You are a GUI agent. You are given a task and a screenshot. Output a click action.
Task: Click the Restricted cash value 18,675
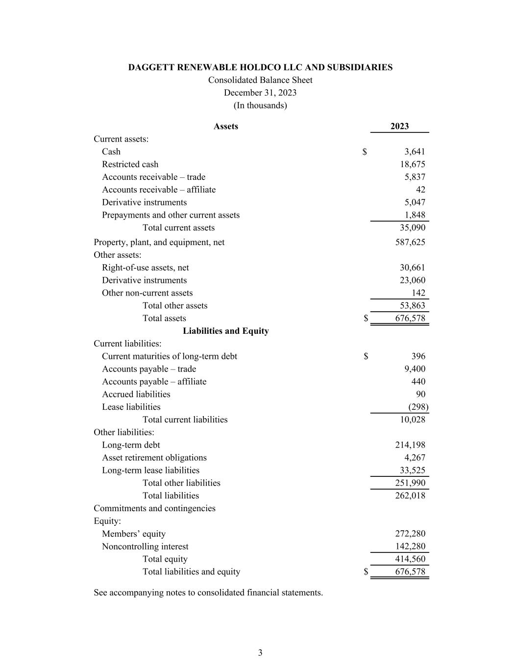point(412,164)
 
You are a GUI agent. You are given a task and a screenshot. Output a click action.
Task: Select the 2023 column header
point(399,126)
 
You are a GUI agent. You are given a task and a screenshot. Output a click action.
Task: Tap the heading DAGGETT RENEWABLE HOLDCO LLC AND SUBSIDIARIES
point(260,68)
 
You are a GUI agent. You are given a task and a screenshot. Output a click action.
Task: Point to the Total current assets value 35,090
point(412,227)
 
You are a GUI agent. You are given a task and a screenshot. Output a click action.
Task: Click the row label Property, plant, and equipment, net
point(159,242)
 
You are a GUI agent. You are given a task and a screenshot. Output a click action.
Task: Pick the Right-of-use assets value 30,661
point(412,268)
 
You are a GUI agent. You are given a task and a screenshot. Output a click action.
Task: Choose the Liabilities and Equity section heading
point(225,331)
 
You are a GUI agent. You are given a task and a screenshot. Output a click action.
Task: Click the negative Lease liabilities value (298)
point(418,407)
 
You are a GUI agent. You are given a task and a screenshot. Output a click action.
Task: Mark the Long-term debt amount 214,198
point(410,445)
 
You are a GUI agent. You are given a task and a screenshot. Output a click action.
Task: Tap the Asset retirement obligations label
point(154,458)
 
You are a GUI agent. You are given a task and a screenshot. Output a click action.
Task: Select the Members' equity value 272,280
point(410,534)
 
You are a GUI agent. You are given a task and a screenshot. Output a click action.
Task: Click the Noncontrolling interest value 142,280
point(410,546)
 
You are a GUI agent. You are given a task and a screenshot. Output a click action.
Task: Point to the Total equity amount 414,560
point(410,559)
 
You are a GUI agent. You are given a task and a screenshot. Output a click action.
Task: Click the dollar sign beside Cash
point(365,152)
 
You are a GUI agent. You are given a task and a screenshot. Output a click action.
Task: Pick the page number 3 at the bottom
point(260,653)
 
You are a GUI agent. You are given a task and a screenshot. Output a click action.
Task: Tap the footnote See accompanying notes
point(208,593)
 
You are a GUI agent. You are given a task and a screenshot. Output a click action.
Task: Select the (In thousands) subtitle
point(260,105)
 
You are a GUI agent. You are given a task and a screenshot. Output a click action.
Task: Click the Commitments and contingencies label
point(154,508)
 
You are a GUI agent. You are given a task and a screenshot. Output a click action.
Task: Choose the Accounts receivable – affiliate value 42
point(420,190)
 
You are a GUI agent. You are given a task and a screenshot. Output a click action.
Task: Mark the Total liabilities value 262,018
point(410,496)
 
